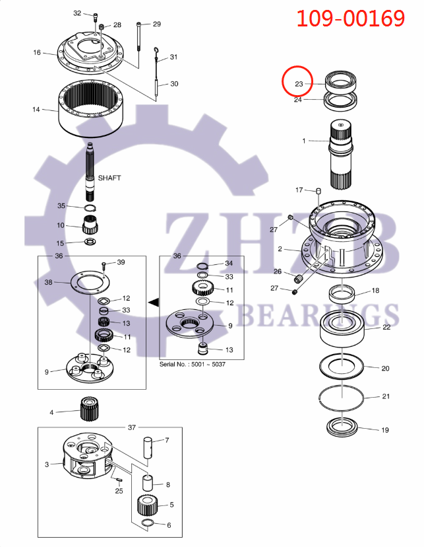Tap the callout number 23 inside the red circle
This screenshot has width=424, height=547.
tap(299, 84)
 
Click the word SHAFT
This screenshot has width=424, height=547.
tap(109, 178)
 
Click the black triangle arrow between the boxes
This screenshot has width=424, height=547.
tap(154, 303)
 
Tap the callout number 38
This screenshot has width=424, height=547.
tap(47, 282)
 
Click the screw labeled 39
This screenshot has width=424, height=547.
tap(106, 266)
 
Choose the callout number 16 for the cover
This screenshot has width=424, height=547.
tap(37, 52)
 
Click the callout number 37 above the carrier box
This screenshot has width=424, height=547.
tap(131, 427)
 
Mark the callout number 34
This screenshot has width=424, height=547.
tap(229, 263)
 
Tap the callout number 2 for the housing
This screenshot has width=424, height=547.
tap(280, 249)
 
